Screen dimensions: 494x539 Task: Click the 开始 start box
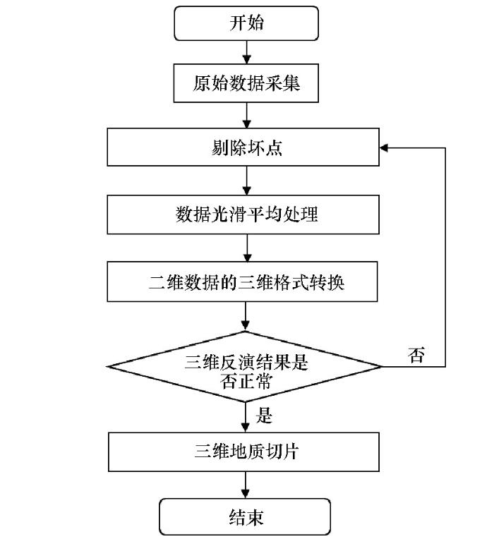point(246,23)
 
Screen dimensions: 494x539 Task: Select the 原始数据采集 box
point(246,83)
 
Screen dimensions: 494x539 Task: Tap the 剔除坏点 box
point(243,147)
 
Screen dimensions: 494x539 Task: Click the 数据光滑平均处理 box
point(243,214)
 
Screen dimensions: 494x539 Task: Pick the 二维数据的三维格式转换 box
point(242,281)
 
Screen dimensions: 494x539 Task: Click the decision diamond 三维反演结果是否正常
point(244,366)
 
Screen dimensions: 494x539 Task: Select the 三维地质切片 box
point(243,452)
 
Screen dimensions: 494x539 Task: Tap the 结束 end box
point(245,516)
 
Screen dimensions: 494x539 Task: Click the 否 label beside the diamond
point(416,355)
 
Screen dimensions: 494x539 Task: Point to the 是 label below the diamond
point(264,416)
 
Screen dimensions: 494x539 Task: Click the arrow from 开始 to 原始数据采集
point(246,52)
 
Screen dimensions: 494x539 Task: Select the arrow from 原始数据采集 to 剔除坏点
point(246,115)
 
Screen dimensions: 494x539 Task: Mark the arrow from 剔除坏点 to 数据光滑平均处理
point(246,181)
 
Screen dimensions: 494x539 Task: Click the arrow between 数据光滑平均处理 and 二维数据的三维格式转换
point(247,248)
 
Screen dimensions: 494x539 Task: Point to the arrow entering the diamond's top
point(245,316)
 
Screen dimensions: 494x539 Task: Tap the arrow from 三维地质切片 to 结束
point(245,485)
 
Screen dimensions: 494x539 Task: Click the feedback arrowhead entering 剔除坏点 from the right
point(384,148)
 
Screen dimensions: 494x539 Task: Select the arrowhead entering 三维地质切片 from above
point(245,428)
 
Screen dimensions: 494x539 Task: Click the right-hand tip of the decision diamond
point(381,367)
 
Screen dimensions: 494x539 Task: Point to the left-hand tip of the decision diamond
point(107,366)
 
